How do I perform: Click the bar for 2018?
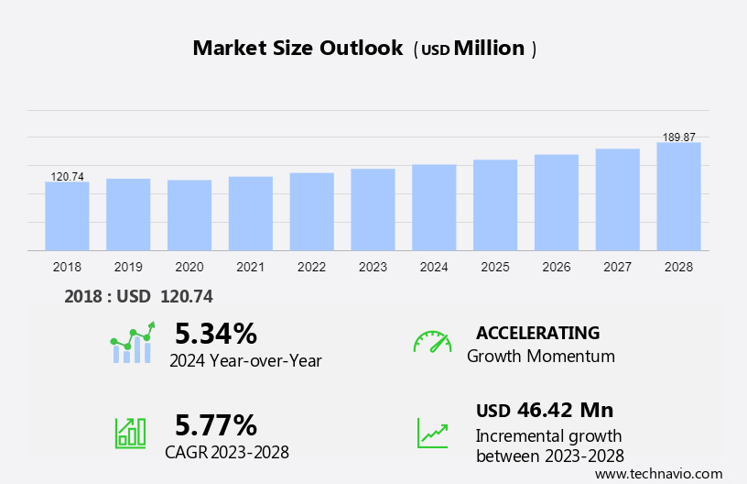(67, 216)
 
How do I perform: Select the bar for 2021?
(251, 214)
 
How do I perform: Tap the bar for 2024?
(434, 207)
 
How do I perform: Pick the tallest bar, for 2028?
(678, 196)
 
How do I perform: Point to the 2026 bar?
(557, 203)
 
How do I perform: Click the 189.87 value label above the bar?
(678, 137)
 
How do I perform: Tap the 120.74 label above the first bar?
(67, 176)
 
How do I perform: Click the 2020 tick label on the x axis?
(189, 267)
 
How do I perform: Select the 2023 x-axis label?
(373, 267)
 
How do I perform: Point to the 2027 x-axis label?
(617, 267)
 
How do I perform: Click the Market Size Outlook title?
(298, 49)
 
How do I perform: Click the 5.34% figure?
(216, 333)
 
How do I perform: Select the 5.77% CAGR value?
(216, 424)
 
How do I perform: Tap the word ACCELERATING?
(538, 333)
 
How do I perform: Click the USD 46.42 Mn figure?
(545, 410)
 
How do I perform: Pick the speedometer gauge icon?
(432, 342)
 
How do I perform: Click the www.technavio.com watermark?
(659, 473)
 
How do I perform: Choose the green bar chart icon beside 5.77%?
(130, 432)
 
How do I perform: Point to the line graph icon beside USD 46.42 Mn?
(432, 432)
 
